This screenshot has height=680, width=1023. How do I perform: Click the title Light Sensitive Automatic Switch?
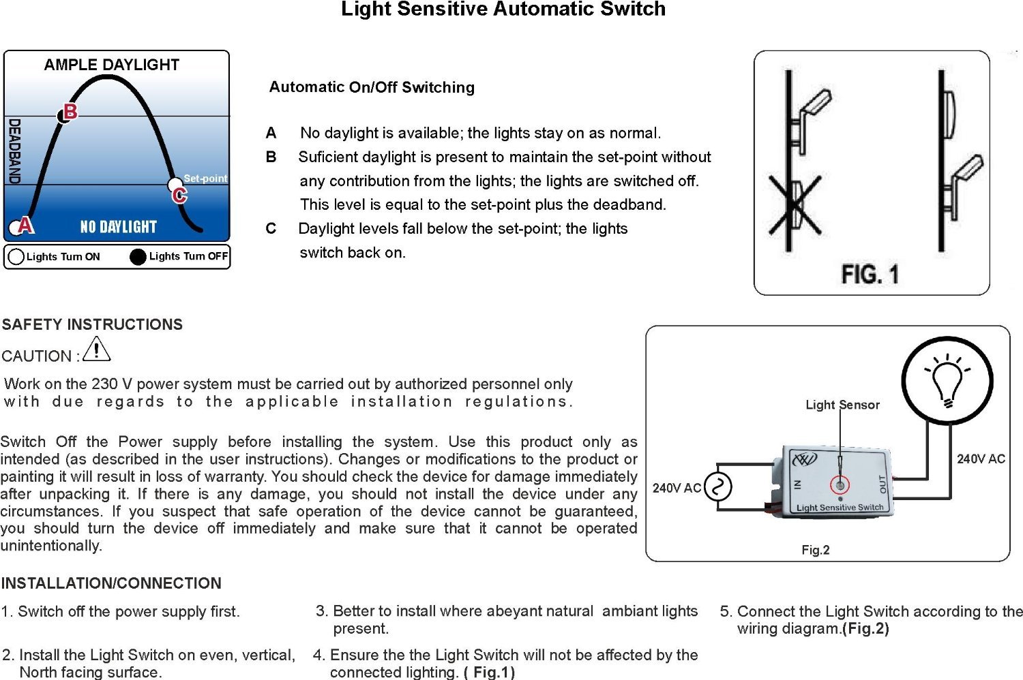(503, 10)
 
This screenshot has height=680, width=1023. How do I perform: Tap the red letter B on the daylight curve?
(70, 111)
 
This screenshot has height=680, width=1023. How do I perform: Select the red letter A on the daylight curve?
(26, 224)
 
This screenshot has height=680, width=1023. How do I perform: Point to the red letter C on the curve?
(179, 196)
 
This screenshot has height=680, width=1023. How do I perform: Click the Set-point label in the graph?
(205, 179)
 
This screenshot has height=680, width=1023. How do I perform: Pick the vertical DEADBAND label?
(14, 151)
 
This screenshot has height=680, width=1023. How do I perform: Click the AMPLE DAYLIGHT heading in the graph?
(111, 65)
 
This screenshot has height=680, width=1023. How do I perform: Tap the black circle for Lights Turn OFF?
(138, 257)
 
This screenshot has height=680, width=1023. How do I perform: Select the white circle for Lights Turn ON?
(16, 257)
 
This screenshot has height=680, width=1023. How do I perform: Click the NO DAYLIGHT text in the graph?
(119, 227)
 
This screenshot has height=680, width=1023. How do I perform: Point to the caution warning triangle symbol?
(97, 350)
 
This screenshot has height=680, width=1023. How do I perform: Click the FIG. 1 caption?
(870, 275)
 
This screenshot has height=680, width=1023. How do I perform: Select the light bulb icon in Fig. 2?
(947, 380)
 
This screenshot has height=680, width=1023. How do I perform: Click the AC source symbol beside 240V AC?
(717, 487)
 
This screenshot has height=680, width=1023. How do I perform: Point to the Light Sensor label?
(842, 405)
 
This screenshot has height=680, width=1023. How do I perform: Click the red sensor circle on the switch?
(840, 485)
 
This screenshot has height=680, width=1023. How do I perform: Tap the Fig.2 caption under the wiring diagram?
(816, 550)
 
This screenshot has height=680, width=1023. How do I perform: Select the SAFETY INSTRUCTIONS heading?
(92, 324)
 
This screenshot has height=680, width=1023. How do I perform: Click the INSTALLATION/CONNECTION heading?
(111, 583)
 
